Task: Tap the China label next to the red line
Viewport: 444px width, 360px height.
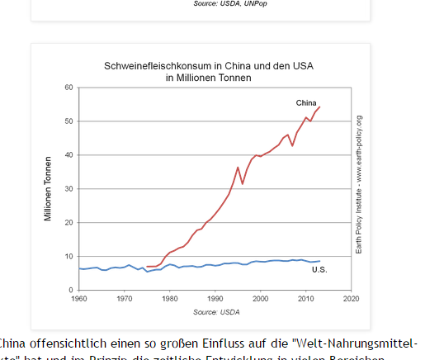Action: click(x=306, y=103)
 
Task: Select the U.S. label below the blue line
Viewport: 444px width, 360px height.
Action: click(x=319, y=270)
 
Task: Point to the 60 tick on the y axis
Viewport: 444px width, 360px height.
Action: click(x=69, y=88)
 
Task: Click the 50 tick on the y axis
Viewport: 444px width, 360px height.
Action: click(x=69, y=121)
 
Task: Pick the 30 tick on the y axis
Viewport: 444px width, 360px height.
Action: click(x=69, y=189)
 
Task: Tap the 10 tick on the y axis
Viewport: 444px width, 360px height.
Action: click(x=69, y=257)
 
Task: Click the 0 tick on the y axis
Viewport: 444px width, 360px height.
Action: click(x=72, y=291)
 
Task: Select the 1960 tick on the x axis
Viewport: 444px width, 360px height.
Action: click(x=79, y=299)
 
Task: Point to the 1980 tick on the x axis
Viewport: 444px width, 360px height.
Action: click(x=170, y=299)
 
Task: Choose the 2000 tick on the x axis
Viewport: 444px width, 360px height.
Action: click(x=261, y=299)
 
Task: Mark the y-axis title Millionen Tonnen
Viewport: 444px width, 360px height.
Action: click(x=49, y=189)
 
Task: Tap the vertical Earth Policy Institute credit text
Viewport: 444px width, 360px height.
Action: click(x=359, y=184)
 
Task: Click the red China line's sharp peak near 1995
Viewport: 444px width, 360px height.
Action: click(x=238, y=168)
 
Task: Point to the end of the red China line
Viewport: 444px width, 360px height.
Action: click(x=320, y=107)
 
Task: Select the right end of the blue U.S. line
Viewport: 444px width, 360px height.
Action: click(x=319, y=261)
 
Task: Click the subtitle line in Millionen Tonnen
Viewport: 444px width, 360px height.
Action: click(x=208, y=77)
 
